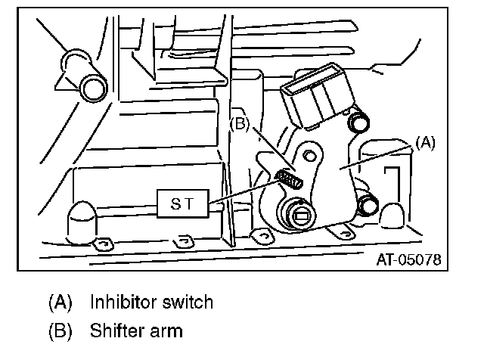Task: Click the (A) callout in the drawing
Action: (426, 142)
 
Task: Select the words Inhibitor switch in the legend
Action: (151, 303)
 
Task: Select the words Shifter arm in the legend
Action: (136, 331)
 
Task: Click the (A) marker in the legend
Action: (60, 303)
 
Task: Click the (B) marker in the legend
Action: (60, 331)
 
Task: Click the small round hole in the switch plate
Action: (308, 156)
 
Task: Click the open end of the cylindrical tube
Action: (94, 88)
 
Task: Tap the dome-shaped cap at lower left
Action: (82, 222)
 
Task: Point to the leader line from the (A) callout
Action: (378, 156)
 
